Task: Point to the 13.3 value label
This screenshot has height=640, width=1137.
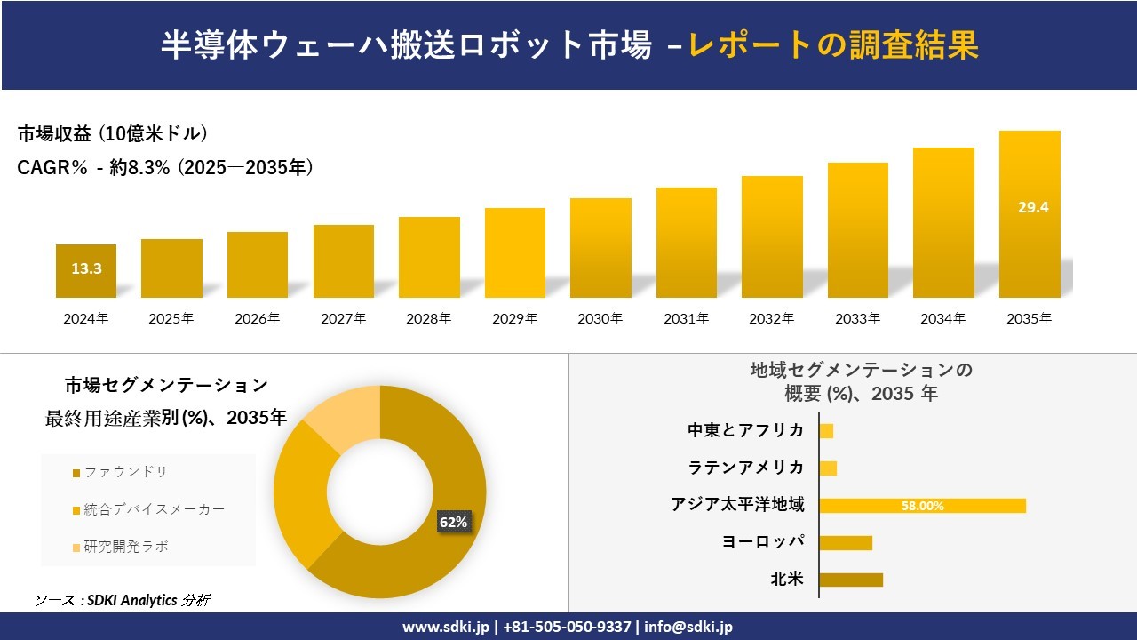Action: tap(86, 268)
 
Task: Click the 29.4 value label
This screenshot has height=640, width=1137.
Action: tap(1033, 207)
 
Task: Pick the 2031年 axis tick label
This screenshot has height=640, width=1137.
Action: tap(686, 318)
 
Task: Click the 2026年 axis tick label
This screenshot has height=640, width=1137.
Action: tap(257, 318)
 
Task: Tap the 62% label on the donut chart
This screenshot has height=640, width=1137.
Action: tap(453, 523)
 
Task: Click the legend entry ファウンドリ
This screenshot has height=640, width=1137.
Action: tap(125, 472)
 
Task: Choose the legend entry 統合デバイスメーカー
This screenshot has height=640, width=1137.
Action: tap(154, 509)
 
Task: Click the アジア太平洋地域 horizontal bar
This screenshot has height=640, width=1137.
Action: tap(922, 506)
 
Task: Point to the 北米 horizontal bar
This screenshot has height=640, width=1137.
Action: tap(851, 580)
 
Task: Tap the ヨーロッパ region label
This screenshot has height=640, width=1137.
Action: tap(763, 542)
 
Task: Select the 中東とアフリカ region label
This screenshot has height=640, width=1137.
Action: tap(746, 430)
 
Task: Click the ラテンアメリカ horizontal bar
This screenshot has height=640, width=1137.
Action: tap(828, 468)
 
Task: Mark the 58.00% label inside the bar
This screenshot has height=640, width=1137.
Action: tap(922, 506)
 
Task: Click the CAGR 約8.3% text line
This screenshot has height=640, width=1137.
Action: tap(165, 167)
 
